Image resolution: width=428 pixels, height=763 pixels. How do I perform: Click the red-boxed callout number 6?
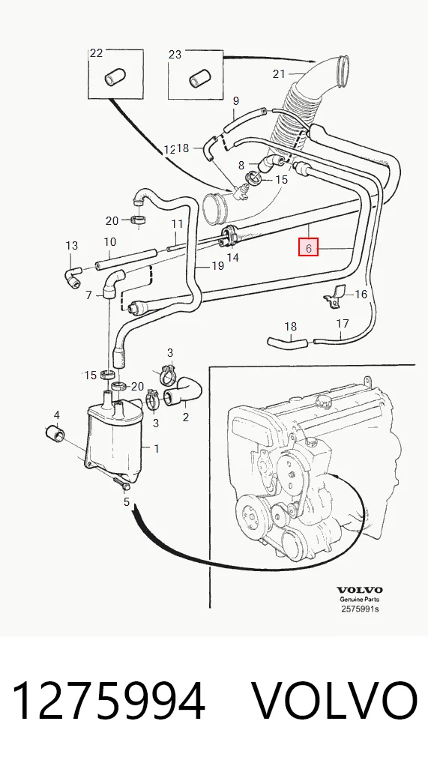[x=309, y=247]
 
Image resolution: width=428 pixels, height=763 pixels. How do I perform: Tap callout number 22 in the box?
[x=97, y=53]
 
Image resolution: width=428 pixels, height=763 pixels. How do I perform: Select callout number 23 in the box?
[x=175, y=55]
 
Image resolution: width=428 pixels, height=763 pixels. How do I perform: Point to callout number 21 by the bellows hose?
[x=279, y=74]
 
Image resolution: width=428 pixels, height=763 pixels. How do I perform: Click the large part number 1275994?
[x=108, y=700]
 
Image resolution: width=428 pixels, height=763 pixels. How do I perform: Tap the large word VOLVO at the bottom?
[x=334, y=700]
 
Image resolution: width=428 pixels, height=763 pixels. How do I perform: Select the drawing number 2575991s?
[x=359, y=609]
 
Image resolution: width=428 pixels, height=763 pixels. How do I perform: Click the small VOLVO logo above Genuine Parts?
[x=360, y=591]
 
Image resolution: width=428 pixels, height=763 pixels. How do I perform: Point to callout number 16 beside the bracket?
[x=361, y=294]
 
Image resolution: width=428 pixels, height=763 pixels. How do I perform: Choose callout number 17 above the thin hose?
[x=343, y=323]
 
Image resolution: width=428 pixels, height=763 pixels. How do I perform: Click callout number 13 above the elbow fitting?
[x=71, y=245]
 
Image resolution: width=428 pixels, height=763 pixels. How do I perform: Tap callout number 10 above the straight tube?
[x=109, y=241]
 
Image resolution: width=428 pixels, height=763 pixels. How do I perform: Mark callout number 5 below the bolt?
[x=127, y=501]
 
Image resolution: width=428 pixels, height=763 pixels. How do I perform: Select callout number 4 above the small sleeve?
[x=57, y=415]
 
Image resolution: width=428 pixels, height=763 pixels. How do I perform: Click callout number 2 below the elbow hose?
[x=185, y=417]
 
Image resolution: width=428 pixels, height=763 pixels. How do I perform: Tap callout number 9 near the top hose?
[x=236, y=101]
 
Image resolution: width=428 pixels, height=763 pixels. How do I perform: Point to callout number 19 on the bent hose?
[x=217, y=265]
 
